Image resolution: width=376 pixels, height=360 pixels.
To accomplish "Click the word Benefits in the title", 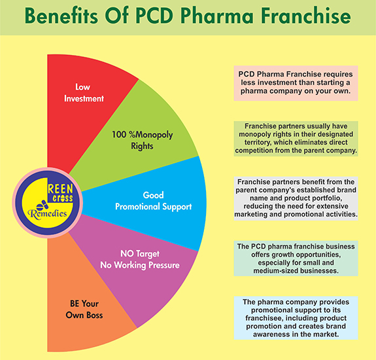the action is pos(61,16).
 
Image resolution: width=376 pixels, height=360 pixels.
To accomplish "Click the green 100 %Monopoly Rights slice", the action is pos(144,139).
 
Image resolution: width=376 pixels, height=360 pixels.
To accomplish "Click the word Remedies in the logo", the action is pos(47,214).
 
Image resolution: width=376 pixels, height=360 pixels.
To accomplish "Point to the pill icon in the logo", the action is pos(43,205).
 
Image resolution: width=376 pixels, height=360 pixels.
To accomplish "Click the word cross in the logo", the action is pos(63,198).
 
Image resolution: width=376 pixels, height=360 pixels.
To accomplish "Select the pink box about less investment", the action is pos(296,83).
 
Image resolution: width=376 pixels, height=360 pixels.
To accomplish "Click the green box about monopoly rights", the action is pos(296,139).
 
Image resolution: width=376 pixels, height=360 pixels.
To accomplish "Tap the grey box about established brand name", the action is pos(296,198).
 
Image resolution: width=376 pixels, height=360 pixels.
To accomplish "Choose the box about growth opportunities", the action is pos(296,259).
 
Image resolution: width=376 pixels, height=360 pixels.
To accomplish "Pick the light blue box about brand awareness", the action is pos(296,317).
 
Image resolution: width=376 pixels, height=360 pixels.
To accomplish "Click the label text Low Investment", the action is pos(84,93).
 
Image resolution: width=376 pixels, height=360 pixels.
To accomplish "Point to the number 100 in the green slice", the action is pos(119,134).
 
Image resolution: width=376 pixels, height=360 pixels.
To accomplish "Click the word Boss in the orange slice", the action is pos(95,315).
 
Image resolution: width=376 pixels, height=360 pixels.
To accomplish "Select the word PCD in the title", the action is pos(154,16).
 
